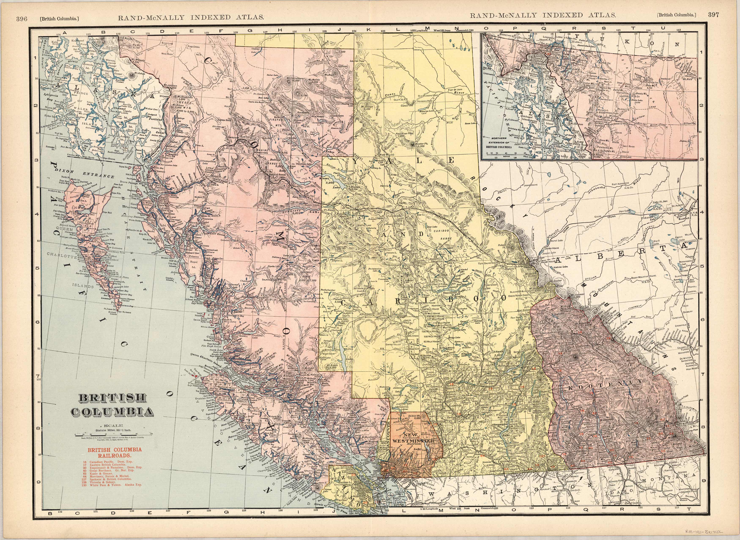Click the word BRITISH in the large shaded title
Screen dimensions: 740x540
point(112,398)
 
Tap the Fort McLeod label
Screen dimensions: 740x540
point(388,154)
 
